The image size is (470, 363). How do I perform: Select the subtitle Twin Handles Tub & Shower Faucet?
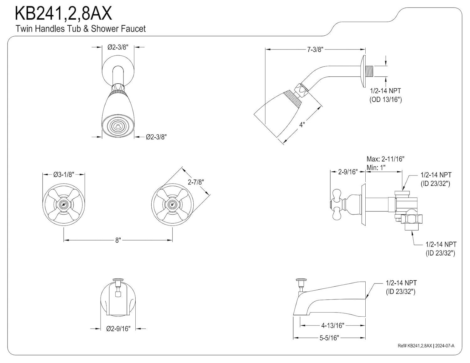[x=81, y=29]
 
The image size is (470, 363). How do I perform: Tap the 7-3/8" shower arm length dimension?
[x=315, y=49]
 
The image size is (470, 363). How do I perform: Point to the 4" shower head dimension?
[x=302, y=125]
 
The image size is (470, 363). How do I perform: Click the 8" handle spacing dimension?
[x=118, y=240]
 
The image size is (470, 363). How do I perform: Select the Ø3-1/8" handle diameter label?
[x=64, y=174]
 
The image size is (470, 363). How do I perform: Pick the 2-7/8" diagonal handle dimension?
[x=196, y=182]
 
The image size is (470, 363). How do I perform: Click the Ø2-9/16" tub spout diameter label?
[x=118, y=329]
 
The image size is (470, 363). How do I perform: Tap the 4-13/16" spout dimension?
[x=332, y=325]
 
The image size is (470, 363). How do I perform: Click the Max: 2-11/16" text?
[x=385, y=159]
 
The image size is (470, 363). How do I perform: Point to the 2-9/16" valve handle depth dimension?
[x=348, y=172]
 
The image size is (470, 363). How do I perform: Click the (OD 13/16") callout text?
[x=385, y=100]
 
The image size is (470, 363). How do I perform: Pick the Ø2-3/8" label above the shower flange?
[x=118, y=47]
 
